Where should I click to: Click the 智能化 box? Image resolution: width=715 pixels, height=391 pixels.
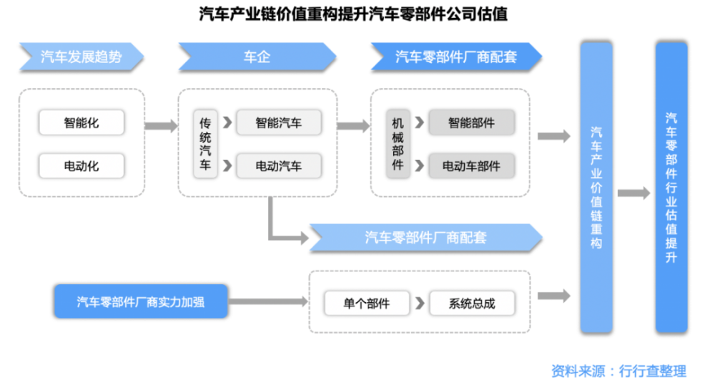point(82,122)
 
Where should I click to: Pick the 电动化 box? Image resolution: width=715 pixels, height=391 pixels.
point(82,166)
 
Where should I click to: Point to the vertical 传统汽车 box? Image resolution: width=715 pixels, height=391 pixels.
point(205,144)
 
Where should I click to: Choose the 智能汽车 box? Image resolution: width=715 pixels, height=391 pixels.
point(278,122)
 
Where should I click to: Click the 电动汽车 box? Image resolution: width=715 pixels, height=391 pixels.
point(278,166)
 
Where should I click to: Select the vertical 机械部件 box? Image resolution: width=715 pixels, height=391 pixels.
point(398,144)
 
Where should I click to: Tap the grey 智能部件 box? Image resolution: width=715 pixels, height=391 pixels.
point(471,122)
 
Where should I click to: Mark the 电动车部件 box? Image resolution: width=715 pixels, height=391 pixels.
point(471,166)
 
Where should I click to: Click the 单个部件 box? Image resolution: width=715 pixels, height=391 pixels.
point(367,303)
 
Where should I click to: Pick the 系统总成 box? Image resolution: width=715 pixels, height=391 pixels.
point(472,303)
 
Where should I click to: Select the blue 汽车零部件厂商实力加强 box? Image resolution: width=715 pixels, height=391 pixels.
point(140,301)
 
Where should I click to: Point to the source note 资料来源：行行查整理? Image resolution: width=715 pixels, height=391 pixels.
point(618,371)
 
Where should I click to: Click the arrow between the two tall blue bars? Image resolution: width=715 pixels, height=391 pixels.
point(633,193)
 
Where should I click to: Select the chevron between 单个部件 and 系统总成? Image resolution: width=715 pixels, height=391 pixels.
point(419,303)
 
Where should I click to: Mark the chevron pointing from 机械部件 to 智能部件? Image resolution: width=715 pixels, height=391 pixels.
point(418,122)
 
